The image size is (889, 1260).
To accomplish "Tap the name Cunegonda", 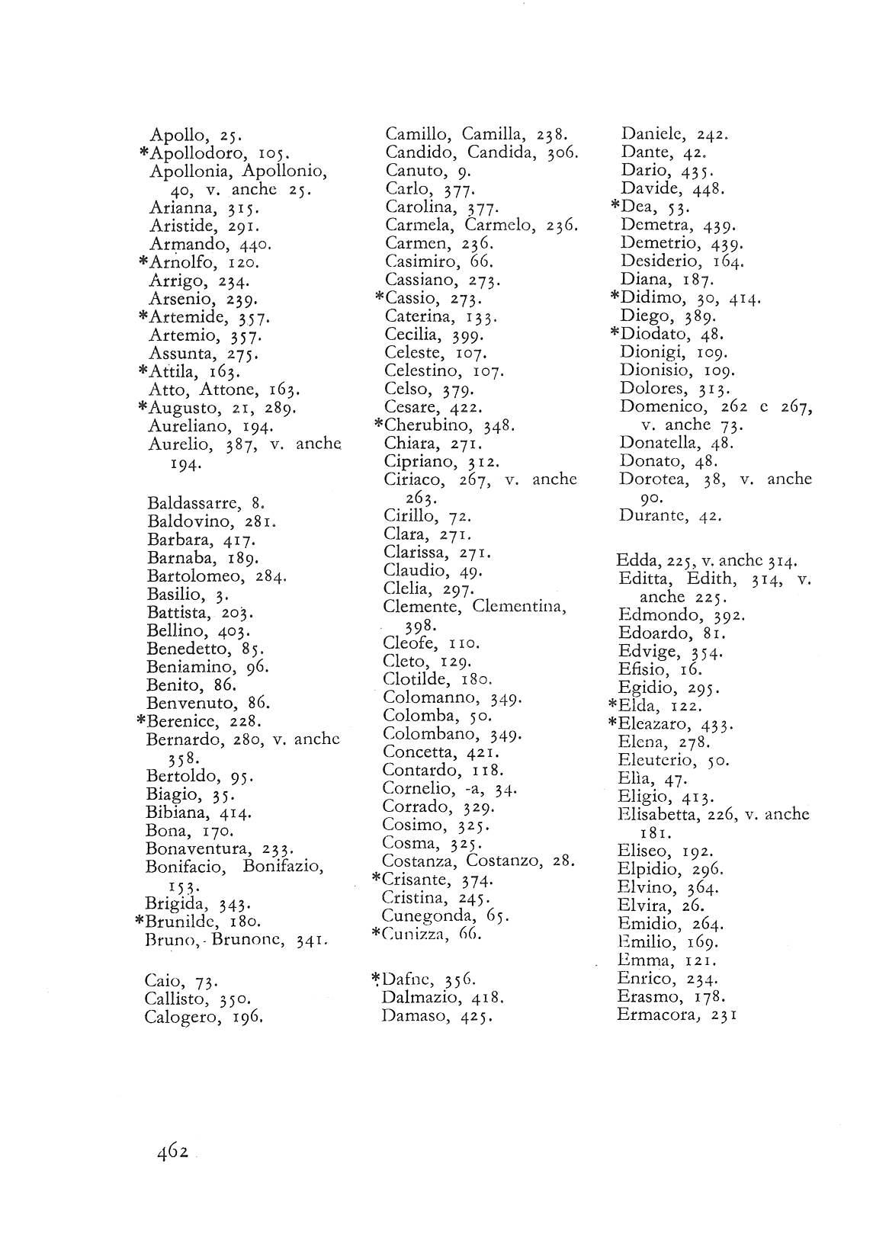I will coord(428,915).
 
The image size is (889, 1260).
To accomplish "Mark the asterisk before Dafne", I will coord(375,979).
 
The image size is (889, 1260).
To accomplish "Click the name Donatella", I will coord(659,442).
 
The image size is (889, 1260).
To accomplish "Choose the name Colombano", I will coord(430,735).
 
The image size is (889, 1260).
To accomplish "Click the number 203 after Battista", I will coord(236,612).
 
